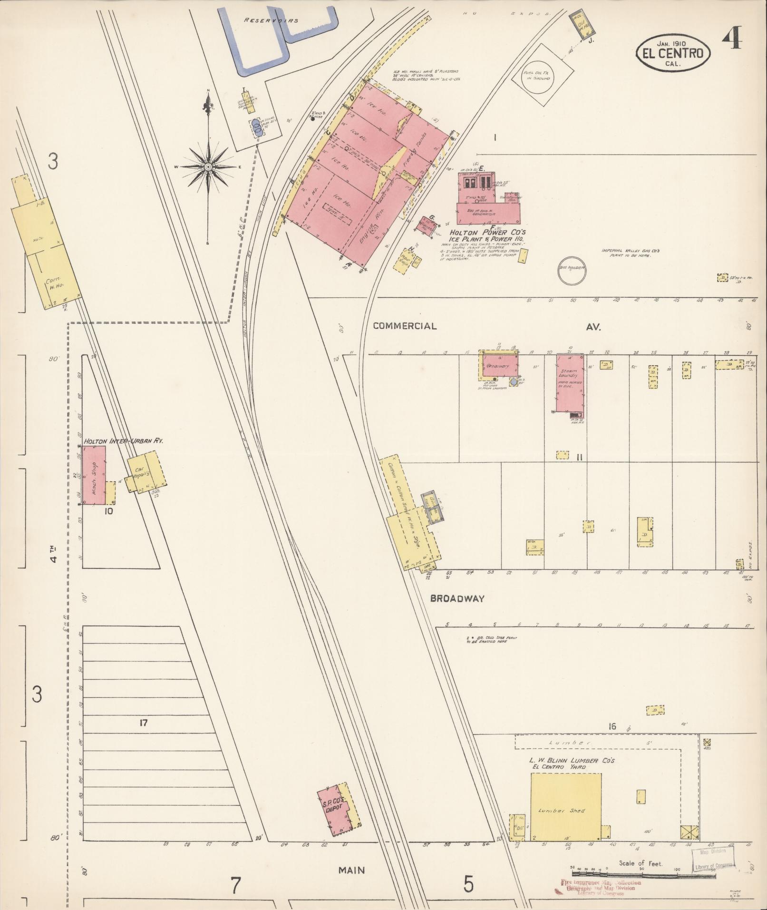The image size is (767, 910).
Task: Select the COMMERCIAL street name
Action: click(x=405, y=326)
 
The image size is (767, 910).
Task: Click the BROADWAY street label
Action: click(x=457, y=599)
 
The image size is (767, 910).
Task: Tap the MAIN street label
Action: click(x=351, y=870)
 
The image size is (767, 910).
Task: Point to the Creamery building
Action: click(x=498, y=366)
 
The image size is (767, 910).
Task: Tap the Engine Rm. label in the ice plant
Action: click(x=367, y=232)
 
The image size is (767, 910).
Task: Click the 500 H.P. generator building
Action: click(x=488, y=213)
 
